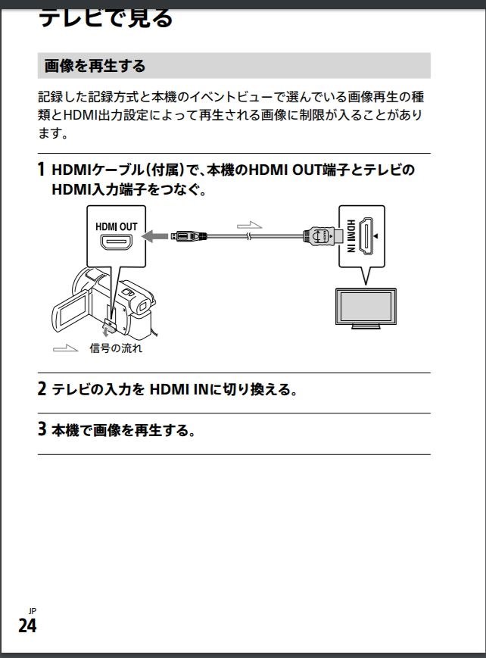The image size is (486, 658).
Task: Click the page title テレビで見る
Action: click(105, 17)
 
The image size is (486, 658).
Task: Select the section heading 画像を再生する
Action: click(95, 66)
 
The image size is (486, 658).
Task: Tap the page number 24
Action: click(27, 625)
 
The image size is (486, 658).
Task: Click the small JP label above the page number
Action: click(32, 611)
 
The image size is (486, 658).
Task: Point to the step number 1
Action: click(42, 170)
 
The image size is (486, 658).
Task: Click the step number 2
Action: click(42, 390)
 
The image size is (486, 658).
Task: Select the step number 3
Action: click(42, 431)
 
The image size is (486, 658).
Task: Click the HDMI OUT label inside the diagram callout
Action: click(116, 226)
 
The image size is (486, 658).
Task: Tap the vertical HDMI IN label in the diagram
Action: click(350, 235)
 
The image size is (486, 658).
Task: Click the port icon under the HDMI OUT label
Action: click(117, 245)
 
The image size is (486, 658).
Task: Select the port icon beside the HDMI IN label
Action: click(369, 235)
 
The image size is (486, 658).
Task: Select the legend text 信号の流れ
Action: click(116, 348)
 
